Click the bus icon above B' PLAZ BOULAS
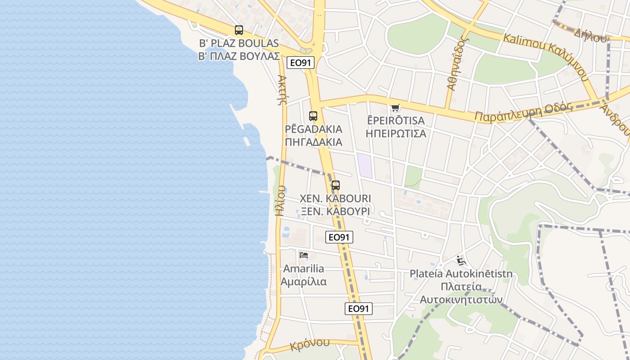tap(239, 30)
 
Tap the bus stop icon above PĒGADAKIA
tap(313, 116)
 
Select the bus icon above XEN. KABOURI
tap(336, 185)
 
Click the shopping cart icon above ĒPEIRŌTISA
tap(395, 108)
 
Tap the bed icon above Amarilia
tap(304, 255)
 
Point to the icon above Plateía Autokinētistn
tap(461, 261)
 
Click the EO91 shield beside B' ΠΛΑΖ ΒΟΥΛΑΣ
tap(301, 63)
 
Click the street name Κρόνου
tap(310, 344)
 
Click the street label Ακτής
tap(282, 90)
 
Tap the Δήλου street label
tap(590, 35)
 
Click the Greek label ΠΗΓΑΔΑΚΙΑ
tap(314, 142)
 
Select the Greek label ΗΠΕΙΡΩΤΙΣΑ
tap(396, 134)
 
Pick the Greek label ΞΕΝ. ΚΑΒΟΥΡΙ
tap(335, 211)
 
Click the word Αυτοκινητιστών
tap(461, 300)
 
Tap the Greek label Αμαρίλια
tap(304, 282)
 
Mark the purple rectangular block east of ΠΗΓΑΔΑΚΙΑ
tap(364, 166)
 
